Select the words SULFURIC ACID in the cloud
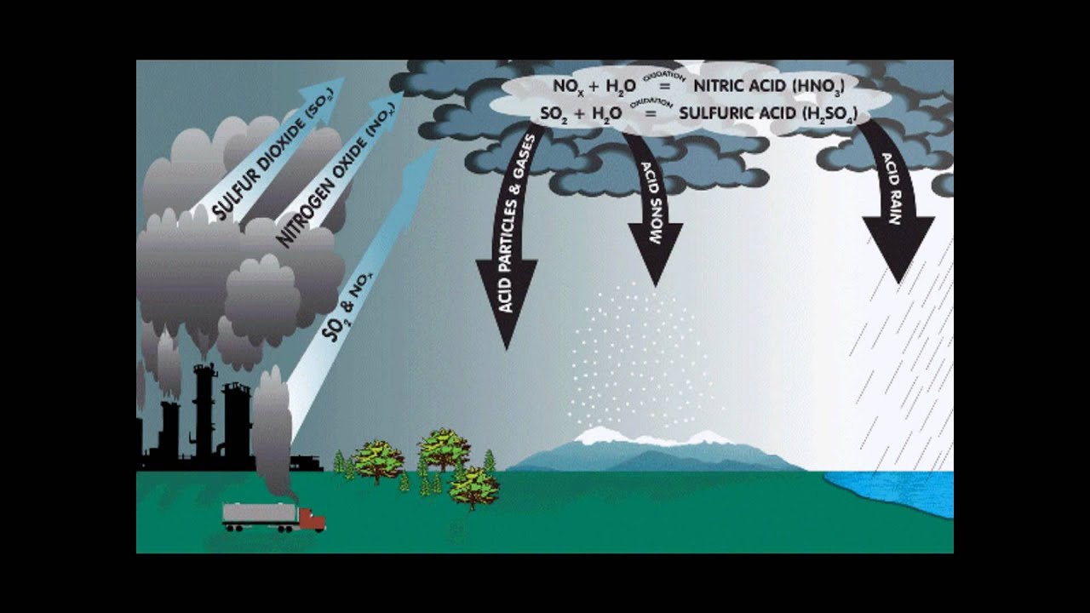coord(741,112)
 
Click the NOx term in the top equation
coord(567,85)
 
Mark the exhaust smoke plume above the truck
coord(273,426)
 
